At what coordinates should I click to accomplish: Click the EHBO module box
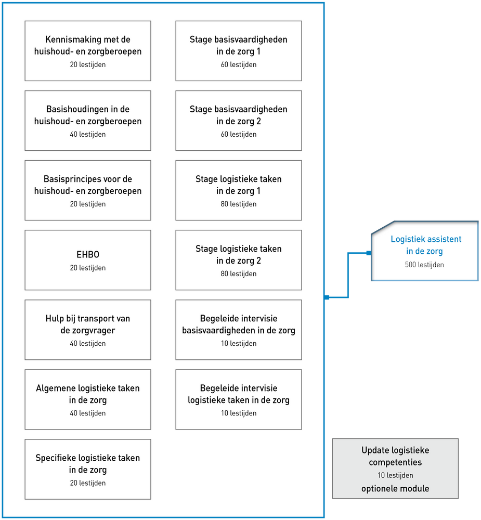pos(88,260)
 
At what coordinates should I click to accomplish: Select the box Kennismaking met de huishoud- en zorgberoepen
pos(88,51)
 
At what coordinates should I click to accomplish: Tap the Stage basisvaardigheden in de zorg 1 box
pos(239,51)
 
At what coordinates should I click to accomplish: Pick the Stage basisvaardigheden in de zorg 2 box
pos(239,121)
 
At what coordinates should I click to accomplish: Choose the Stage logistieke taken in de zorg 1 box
pos(239,190)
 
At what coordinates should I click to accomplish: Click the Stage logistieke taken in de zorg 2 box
pos(239,260)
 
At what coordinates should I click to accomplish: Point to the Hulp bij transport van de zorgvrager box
pos(88,330)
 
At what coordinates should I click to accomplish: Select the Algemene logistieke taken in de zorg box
pos(88,399)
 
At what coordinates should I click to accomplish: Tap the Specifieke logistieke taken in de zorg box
pos(88,469)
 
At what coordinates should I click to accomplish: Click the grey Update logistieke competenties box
pos(395,469)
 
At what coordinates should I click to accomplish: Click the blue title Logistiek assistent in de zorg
pos(426,245)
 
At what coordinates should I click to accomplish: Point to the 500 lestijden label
pos(424,265)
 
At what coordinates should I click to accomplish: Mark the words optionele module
pos(395,488)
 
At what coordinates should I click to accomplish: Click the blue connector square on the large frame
pos(327,297)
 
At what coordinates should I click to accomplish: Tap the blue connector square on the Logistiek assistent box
pos(369,253)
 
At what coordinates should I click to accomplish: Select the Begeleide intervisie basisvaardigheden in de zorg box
pos(239,330)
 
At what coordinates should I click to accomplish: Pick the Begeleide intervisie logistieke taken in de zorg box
pos(239,399)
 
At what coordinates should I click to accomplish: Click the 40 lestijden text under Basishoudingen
pos(87,134)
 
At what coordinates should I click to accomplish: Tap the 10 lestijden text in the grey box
pos(395,475)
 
